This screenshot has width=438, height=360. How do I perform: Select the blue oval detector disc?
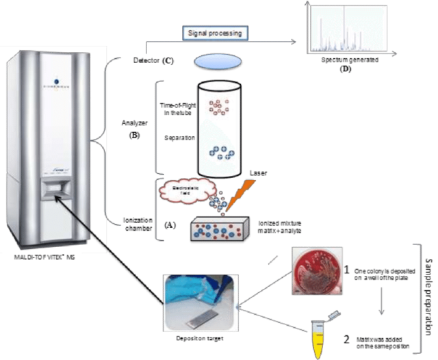[218, 61]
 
